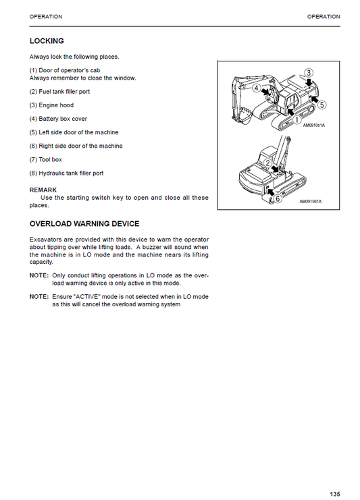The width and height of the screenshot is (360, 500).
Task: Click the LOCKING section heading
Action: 47,41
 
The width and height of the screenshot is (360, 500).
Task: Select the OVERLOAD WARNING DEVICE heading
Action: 84,224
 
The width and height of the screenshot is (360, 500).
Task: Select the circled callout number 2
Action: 268,163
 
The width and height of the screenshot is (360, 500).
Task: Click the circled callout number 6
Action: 278,198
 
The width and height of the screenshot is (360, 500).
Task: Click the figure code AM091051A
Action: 314,126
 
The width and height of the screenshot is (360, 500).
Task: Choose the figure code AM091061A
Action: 311,202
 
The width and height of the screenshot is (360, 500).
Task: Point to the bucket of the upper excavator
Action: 247,108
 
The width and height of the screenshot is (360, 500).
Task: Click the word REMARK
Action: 43,190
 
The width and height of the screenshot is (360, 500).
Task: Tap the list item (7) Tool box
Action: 46,159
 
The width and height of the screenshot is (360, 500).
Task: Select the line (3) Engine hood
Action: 51,105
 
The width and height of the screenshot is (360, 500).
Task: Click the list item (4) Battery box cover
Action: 58,119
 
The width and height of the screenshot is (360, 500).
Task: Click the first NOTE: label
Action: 38,276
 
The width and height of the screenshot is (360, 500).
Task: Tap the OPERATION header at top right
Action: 324,16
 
